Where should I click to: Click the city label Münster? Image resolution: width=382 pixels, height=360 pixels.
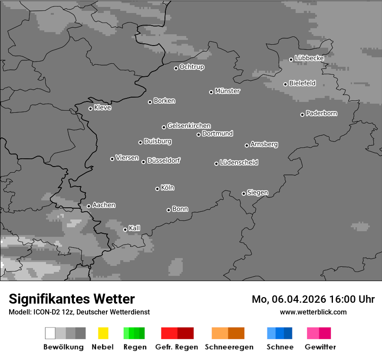227,91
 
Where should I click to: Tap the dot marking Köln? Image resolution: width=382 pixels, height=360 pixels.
157,189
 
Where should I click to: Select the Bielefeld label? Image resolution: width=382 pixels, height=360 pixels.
302,83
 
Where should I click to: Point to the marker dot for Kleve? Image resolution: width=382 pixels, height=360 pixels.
90,108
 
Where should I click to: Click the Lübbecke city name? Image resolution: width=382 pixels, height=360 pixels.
309,58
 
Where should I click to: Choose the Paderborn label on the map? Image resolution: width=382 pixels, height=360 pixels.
321,113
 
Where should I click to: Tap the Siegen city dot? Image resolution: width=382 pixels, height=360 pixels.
244,193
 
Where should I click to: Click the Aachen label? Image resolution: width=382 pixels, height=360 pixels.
104,205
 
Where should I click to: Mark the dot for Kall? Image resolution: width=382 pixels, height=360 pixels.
125,229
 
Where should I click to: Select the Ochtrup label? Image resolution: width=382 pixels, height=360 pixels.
192,67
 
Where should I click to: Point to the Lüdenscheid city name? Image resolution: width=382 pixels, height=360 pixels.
239,163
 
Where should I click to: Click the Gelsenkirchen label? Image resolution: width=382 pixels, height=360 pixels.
189,126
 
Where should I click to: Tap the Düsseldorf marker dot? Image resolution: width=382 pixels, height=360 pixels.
143,162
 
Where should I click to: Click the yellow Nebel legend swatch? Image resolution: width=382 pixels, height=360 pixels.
103,333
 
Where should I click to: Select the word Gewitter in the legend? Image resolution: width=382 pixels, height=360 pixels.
320,347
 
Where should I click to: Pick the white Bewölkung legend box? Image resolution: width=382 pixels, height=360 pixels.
50,333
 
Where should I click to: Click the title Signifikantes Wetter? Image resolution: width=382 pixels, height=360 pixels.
72,299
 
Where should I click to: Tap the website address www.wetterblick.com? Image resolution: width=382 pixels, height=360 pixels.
313,312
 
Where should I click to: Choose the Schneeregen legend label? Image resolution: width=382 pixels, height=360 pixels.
229,347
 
